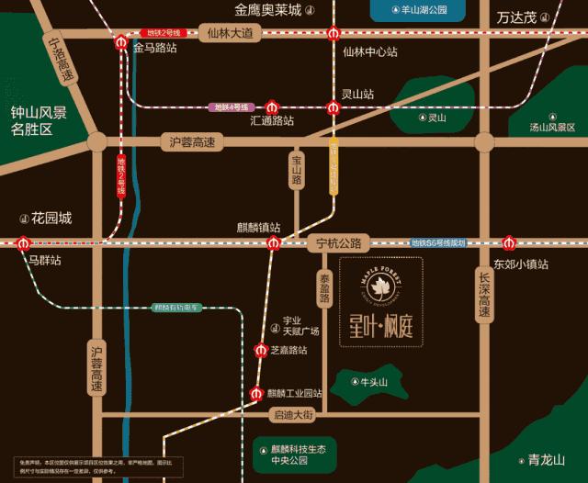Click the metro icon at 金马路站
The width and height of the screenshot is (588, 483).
click(x=121, y=42)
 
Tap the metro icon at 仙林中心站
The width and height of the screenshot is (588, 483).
click(x=335, y=33)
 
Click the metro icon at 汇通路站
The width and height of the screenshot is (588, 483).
click(x=272, y=107)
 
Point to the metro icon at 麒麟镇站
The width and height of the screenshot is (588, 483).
click(x=273, y=242)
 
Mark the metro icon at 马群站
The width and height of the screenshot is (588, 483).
click(x=20, y=242)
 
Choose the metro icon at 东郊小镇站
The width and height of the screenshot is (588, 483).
click(x=511, y=243)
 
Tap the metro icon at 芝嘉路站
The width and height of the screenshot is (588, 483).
click(x=260, y=349)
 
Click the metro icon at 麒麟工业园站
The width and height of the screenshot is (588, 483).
click(x=256, y=394)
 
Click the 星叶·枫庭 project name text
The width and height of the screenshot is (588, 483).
click(x=380, y=326)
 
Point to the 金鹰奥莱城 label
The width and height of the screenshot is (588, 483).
click(x=267, y=11)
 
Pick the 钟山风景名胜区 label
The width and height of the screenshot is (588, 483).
click(x=40, y=121)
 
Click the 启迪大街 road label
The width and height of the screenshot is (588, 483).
click(x=294, y=415)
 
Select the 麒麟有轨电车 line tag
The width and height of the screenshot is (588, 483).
click(x=176, y=308)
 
